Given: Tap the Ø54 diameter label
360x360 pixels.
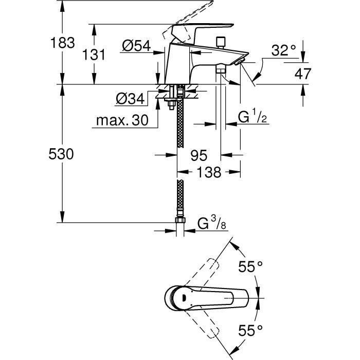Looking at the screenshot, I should click(136, 46).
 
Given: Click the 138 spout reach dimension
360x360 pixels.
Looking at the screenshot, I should click(208, 172).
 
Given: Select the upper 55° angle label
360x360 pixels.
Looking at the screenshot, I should click(251, 266).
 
